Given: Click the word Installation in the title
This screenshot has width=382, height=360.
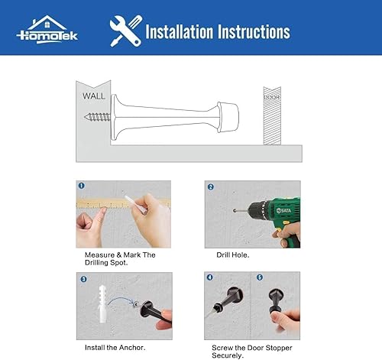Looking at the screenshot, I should pos(180,32).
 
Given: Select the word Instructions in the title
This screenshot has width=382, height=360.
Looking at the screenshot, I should pos(253,32).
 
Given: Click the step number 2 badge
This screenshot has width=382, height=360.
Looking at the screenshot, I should pos(211,185).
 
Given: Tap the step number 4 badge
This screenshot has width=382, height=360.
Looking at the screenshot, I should pos(211,277).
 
